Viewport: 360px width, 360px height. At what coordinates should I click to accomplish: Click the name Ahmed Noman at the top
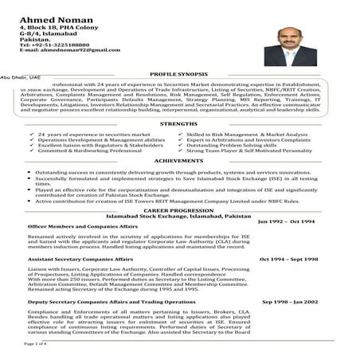55,10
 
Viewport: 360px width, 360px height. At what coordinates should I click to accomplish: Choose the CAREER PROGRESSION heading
180,210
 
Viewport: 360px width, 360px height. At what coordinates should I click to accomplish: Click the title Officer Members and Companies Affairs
72,227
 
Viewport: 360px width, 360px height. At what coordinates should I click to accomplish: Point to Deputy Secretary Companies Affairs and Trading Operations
100,303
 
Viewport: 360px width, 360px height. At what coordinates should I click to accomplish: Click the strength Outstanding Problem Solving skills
231,146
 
